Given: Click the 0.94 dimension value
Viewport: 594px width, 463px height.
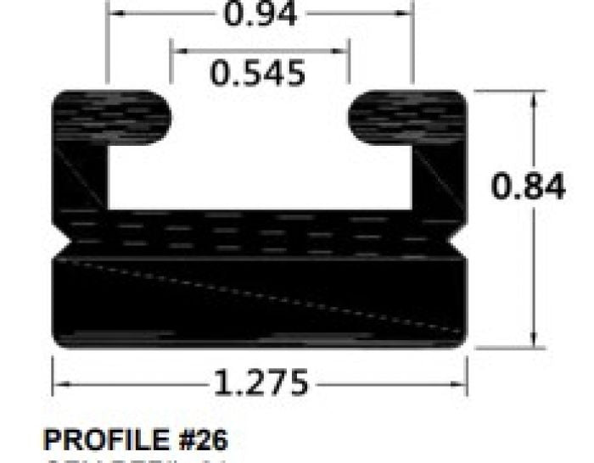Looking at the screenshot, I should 261,14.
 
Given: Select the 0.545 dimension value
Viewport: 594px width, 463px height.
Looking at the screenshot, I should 258,74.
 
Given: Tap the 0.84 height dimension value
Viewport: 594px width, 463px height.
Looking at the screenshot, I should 529,187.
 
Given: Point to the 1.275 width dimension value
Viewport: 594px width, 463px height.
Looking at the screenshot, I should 260,384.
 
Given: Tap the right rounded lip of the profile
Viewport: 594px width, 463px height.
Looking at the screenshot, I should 407,117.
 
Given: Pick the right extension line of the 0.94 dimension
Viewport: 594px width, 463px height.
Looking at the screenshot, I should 413,47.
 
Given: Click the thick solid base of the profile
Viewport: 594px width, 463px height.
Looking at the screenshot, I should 261,301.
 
